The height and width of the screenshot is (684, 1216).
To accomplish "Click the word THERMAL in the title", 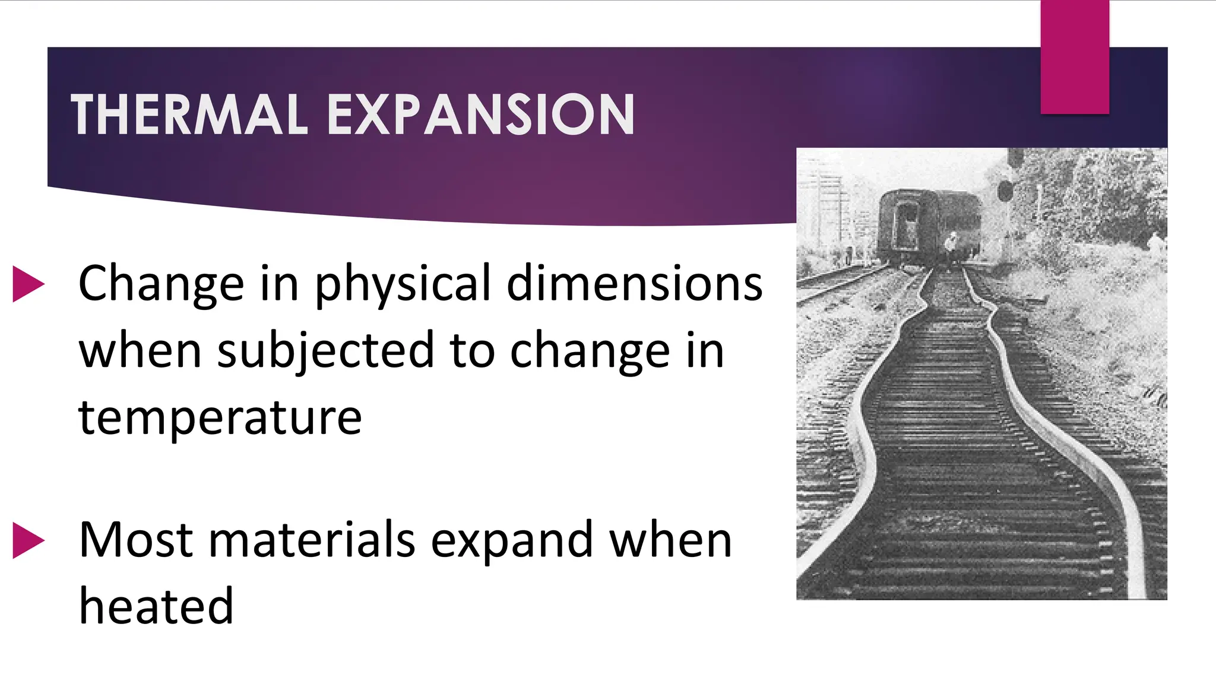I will point(189,115).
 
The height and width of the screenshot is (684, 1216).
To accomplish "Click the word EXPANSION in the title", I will point(481,115).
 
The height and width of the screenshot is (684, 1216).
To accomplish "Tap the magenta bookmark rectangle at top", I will point(1075,57).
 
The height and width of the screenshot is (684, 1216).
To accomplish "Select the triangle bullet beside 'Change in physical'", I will point(28,284).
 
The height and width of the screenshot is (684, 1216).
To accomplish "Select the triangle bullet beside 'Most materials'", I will point(28,540).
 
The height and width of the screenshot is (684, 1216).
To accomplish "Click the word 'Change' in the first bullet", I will point(161,284).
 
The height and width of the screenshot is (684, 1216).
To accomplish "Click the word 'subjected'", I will point(326,351).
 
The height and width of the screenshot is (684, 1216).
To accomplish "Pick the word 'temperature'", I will point(220,418).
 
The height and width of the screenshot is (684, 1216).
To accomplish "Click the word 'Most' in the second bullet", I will point(136,540).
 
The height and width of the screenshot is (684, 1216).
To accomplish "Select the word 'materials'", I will point(312,540).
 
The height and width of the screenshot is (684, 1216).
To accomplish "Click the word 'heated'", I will point(156,607).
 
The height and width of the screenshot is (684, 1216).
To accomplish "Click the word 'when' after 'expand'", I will point(671,540).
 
